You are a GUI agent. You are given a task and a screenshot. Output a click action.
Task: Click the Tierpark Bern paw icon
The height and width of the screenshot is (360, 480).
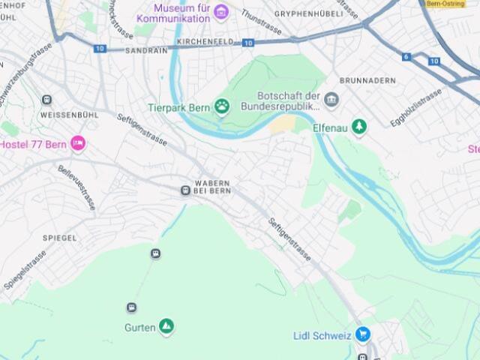[x=222, y=106]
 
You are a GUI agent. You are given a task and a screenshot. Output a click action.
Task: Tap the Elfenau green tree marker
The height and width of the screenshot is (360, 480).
[x=360, y=127]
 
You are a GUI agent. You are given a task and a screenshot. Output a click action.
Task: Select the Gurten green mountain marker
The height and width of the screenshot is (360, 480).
[x=166, y=326]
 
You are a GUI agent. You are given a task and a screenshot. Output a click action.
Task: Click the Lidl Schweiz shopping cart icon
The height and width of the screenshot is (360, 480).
[x=363, y=334]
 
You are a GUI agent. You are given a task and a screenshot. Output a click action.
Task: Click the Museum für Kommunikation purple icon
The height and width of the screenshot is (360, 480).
[x=221, y=11]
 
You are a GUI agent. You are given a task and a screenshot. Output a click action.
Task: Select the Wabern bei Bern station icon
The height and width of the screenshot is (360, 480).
[x=185, y=190]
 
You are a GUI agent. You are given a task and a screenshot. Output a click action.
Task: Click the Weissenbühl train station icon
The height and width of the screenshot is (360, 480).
[x=47, y=100]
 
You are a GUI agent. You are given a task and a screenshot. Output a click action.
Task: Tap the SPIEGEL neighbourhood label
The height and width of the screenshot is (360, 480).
[x=59, y=238]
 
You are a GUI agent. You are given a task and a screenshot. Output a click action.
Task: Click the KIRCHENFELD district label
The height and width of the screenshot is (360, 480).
[x=205, y=42]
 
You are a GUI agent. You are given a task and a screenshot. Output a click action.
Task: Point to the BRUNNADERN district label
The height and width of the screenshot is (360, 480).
[x=367, y=80]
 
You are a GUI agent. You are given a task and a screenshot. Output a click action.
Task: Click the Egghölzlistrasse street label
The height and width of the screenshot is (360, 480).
[x=416, y=108]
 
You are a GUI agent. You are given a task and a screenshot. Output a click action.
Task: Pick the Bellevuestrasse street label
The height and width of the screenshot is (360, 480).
[x=76, y=187]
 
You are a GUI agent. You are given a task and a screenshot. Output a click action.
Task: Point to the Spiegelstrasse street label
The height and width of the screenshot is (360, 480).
[x=25, y=270]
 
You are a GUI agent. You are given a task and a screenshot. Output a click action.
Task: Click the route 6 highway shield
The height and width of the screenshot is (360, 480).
[x=406, y=57]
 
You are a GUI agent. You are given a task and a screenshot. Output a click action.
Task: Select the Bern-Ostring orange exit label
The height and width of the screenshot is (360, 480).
[x=446, y=4]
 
